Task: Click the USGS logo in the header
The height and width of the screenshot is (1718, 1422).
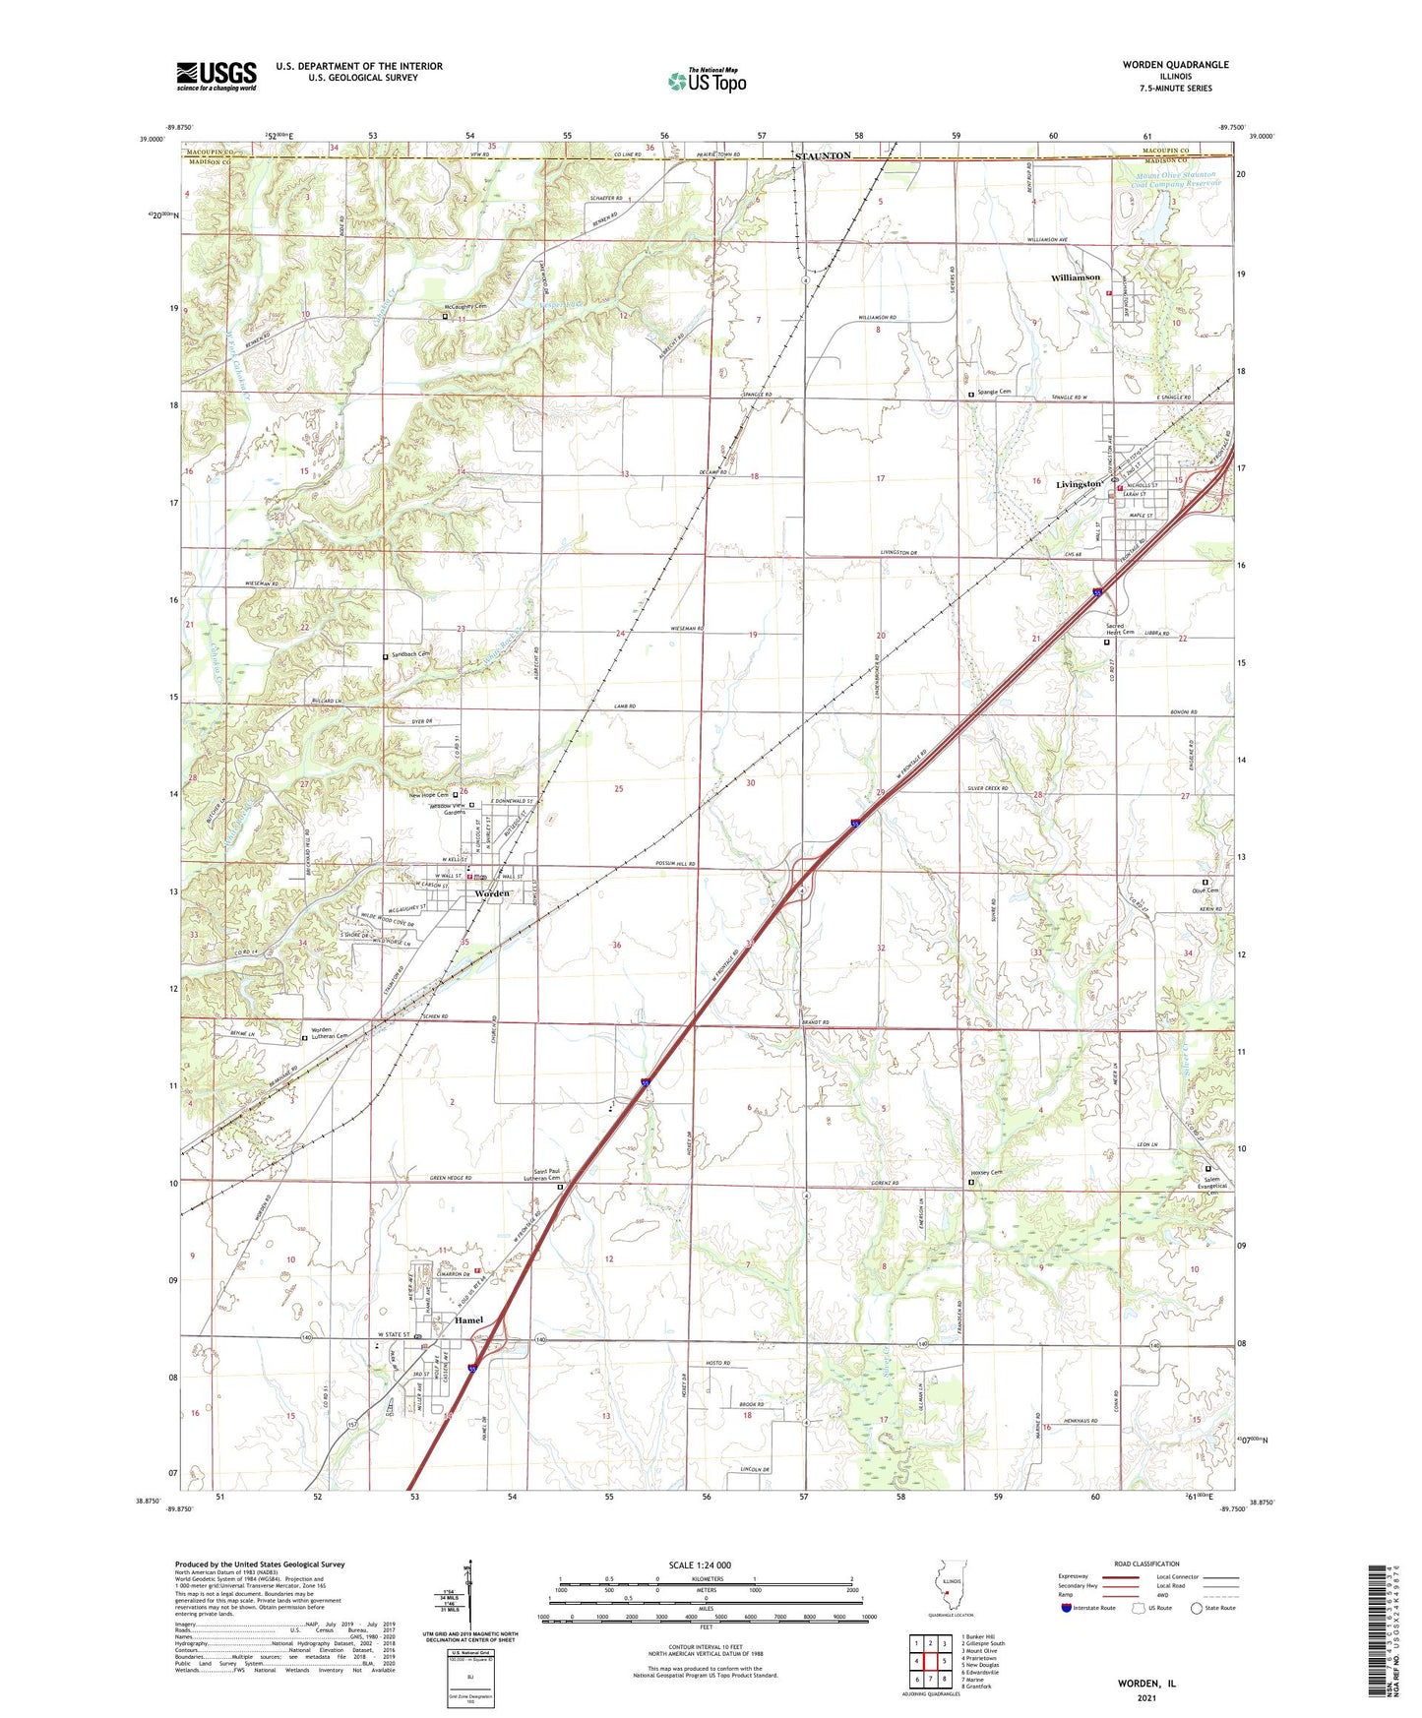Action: point(216,76)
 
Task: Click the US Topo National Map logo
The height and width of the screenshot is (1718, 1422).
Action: point(707,81)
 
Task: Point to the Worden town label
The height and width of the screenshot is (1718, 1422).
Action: point(492,893)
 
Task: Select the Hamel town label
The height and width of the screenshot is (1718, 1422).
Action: point(467,1320)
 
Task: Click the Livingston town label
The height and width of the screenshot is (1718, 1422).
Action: point(1078,485)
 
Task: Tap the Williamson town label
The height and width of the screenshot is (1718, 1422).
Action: point(1075,278)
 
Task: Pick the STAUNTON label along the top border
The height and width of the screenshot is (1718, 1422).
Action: point(823,156)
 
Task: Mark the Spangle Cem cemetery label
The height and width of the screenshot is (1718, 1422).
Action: point(994,392)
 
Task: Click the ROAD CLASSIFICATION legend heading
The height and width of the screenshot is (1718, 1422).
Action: point(1146,1564)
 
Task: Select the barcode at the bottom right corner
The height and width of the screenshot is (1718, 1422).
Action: point(1381,1634)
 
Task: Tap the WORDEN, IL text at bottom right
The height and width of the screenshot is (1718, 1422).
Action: point(1146,1684)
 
